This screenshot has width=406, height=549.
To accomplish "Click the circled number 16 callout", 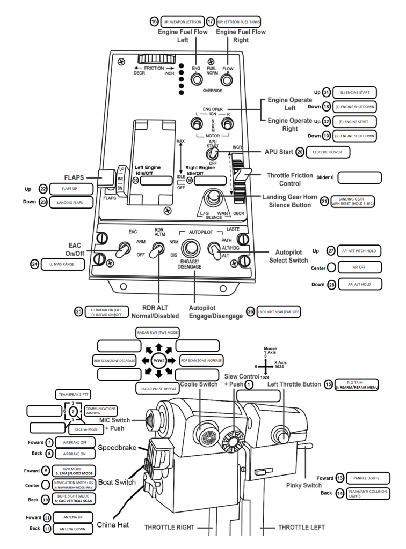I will point(154,22).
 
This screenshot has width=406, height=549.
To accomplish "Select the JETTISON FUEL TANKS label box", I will point(240,22).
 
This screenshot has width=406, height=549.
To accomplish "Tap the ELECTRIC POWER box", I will point(328,152).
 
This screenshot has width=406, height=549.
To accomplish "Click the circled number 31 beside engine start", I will point(326,92).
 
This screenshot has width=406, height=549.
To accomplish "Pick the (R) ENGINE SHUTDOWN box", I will point(354,136).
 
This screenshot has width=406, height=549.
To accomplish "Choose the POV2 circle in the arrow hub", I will point(158,360).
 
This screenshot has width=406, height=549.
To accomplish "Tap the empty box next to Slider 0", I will point(359,177).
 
